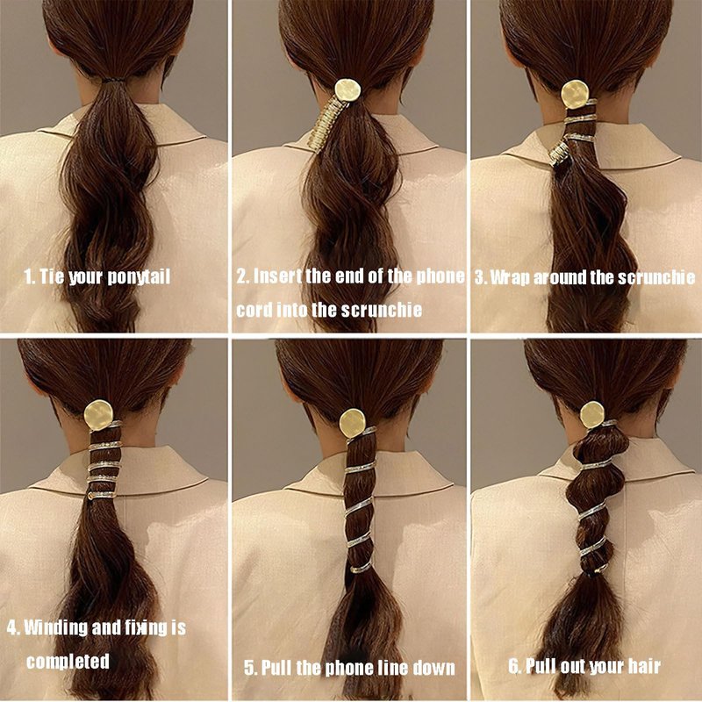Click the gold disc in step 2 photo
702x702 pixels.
click(347, 91)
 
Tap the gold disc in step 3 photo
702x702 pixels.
click(575, 95)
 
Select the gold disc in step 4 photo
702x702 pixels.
click(98, 415)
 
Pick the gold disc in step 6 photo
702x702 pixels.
click(592, 414)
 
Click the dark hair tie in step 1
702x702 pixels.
click(112, 81)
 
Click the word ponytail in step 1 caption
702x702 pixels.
click(140, 277)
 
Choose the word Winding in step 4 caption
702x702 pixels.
click(55, 627)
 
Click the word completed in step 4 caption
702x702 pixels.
click(68, 662)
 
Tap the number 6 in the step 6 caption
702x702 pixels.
click(514, 666)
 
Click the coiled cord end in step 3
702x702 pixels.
click(559, 153)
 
